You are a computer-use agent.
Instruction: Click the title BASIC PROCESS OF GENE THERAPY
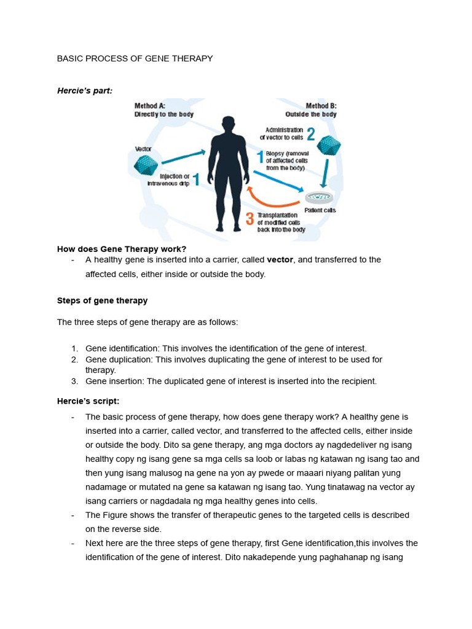click(x=135, y=58)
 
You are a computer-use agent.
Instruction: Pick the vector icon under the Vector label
click(x=146, y=165)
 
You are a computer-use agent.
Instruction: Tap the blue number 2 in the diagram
click(x=310, y=134)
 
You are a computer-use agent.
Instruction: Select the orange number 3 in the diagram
click(x=250, y=218)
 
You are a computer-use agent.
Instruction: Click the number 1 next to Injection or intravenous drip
click(x=196, y=179)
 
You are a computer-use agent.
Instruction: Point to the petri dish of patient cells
click(x=319, y=198)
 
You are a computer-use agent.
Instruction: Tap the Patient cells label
click(x=320, y=211)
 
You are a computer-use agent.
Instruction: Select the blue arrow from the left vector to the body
click(x=183, y=156)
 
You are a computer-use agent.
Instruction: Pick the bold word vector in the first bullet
click(x=280, y=260)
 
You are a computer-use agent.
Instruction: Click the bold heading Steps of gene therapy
click(x=102, y=301)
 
